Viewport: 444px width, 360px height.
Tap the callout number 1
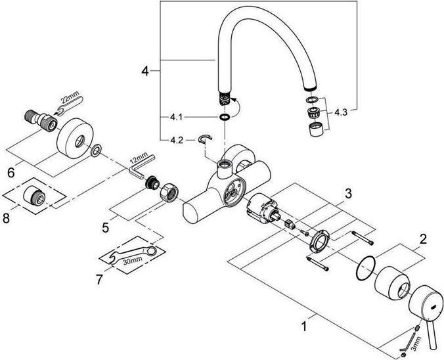[x=303, y=325]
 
